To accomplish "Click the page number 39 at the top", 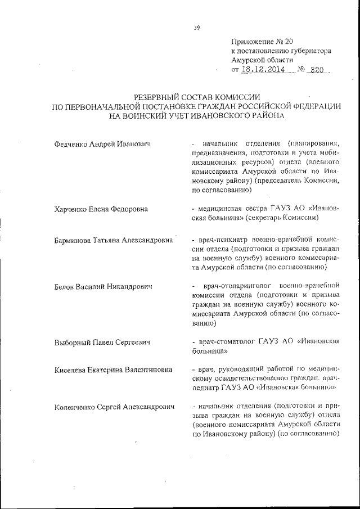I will point(197,26).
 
